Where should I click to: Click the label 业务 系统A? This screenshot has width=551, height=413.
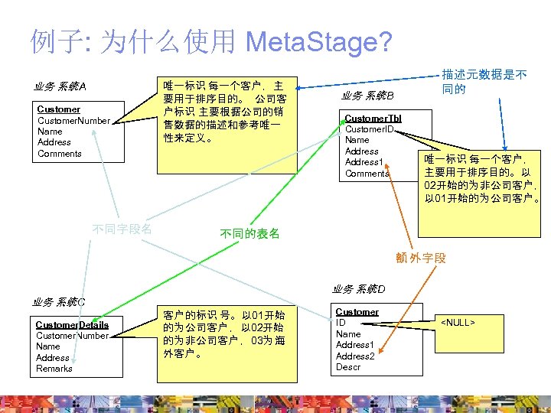pyautogui.click(x=60, y=86)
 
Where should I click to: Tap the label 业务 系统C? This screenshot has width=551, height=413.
pyautogui.click(x=59, y=301)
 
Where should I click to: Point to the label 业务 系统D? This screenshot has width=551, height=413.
pyautogui.click(x=358, y=289)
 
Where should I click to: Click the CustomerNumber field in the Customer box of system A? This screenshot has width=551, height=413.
pyautogui.click(x=73, y=121)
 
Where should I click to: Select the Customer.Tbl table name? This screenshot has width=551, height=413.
pyautogui.click(x=373, y=119)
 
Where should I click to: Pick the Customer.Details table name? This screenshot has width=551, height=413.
pyautogui.click(x=72, y=325)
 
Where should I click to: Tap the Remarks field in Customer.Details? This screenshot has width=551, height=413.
pyautogui.click(x=54, y=369)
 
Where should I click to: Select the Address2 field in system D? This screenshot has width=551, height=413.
pyautogui.click(x=355, y=356)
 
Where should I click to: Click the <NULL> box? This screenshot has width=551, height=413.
pyautogui.click(x=458, y=323)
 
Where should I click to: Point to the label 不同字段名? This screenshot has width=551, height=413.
pyautogui.click(x=122, y=229)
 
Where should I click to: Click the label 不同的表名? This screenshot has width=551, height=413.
pyautogui.click(x=249, y=233)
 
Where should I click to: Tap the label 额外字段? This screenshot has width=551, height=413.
pyautogui.click(x=420, y=258)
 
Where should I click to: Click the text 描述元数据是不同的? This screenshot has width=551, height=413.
pyautogui.click(x=484, y=82)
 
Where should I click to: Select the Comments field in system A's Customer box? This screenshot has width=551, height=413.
pyautogui.click(x=59, y=154)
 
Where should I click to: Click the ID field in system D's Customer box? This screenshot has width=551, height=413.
pyautogui.click(x=341, y=323)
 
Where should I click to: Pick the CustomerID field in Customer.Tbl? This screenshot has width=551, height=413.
pyautogui.click(x=369, y=129)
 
